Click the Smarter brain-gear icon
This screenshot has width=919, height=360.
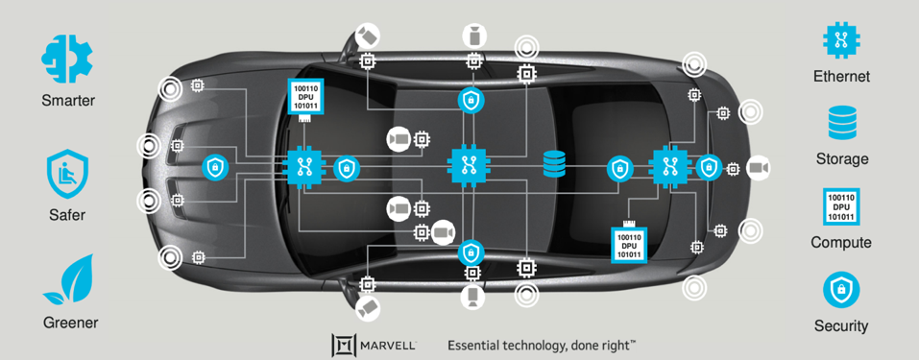[x=67, y=57]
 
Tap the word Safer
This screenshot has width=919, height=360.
[x=67, y=215]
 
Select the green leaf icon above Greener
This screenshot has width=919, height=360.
[x=68, y=279]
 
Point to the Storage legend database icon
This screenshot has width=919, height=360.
[x=841, y=122]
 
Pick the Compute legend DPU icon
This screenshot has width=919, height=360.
[x=841, y=206]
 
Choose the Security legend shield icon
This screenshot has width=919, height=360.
[x=841, y=289]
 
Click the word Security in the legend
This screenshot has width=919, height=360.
[x=841, y=325]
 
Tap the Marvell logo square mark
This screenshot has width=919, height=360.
[x=345, y=345]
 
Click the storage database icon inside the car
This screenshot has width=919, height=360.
[x=554, y=165]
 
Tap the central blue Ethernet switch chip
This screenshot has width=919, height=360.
[x=470, y=165]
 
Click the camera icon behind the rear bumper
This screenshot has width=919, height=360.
[x=759, y=168]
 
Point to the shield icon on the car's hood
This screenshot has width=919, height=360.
[x=215, y=168]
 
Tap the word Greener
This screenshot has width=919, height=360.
[x=70, y=323]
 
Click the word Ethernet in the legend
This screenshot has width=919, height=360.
[x=841, y=76]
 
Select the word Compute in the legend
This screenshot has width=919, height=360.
[x=841, y=242]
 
